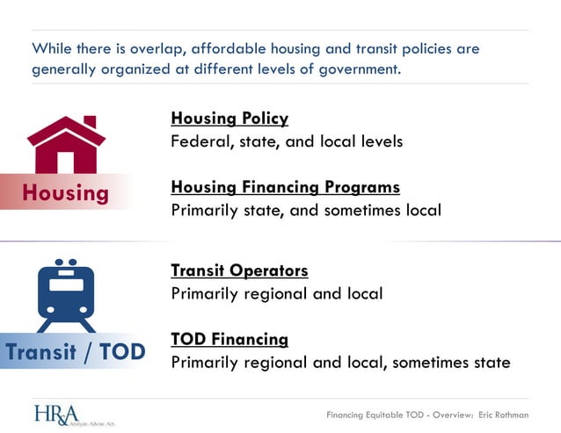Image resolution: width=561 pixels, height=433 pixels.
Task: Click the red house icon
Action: coord(66,145)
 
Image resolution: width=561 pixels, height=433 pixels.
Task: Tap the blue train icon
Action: coord(66,295)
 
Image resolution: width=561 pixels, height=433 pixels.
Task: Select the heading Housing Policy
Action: coord(229,118)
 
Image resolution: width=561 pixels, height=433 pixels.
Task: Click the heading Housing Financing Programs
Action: coord(285,187)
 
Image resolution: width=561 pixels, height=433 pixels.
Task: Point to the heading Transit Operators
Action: coord(239,271)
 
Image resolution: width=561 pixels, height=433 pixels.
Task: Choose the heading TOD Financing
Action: coord(229,339)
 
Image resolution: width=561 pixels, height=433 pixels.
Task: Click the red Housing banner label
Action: coord(65,192)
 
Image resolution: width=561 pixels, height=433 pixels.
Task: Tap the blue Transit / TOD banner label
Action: coord(74,352)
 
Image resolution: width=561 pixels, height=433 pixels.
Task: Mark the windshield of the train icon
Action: coord(66,285)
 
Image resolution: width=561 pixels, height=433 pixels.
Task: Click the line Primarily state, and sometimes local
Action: coord(305,210)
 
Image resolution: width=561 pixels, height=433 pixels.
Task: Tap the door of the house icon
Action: coord(66,162)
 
